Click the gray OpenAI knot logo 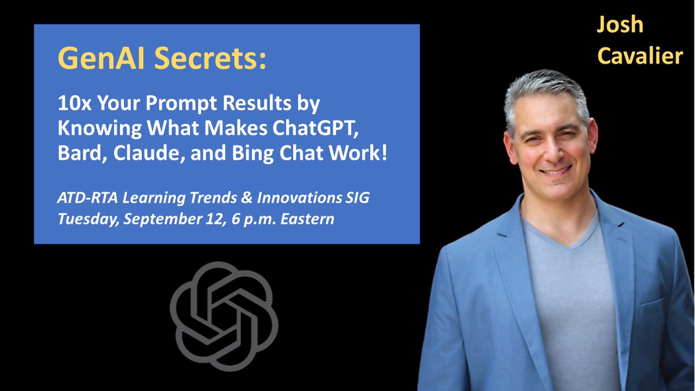pos(224,316)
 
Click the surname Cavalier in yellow pos(640,56)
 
